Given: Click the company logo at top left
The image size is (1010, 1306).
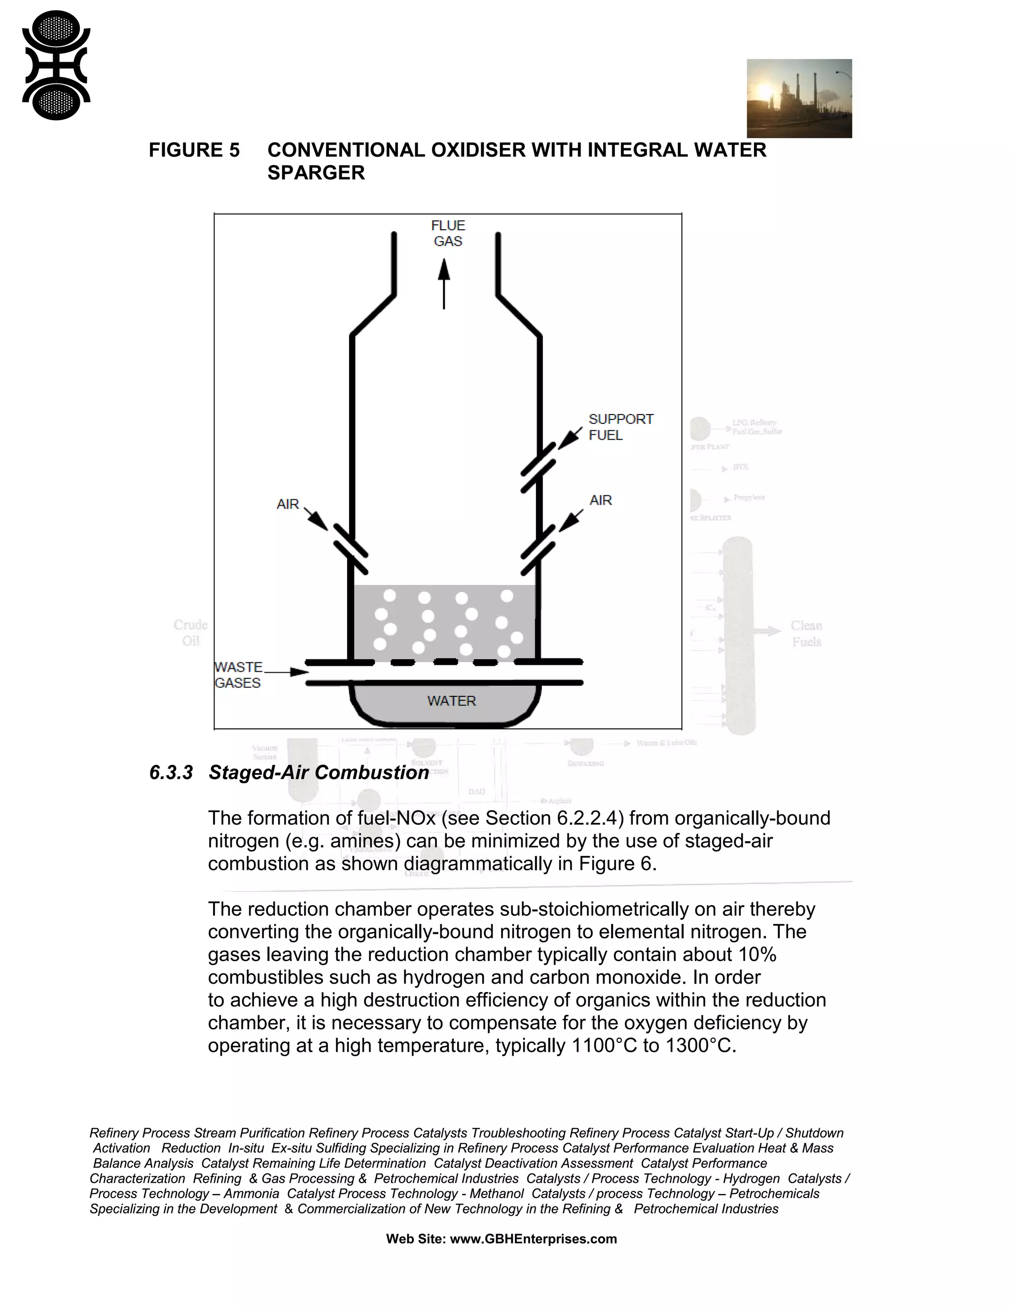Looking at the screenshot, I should coord(56,65).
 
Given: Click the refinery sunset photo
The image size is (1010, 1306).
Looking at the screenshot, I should coord(799,98).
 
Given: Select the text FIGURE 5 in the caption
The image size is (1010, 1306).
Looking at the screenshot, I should coord(194,150).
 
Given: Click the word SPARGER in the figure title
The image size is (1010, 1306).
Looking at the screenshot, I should coord(316,173).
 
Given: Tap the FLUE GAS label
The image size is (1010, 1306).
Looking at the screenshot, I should coord(448,233).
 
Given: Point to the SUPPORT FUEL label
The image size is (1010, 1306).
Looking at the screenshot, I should coord(620,427).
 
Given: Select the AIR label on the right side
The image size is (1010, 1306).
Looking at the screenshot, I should coord(600,501).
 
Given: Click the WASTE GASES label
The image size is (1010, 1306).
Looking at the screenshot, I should coord(238,675).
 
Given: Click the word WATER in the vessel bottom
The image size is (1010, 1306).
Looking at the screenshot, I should coord(451,701).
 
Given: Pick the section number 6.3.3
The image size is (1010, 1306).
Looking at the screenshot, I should coord(171,773).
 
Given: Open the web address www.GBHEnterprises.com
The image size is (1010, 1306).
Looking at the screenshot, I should coord(533,1239).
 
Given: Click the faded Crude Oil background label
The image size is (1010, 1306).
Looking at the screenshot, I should coord(190,633).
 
